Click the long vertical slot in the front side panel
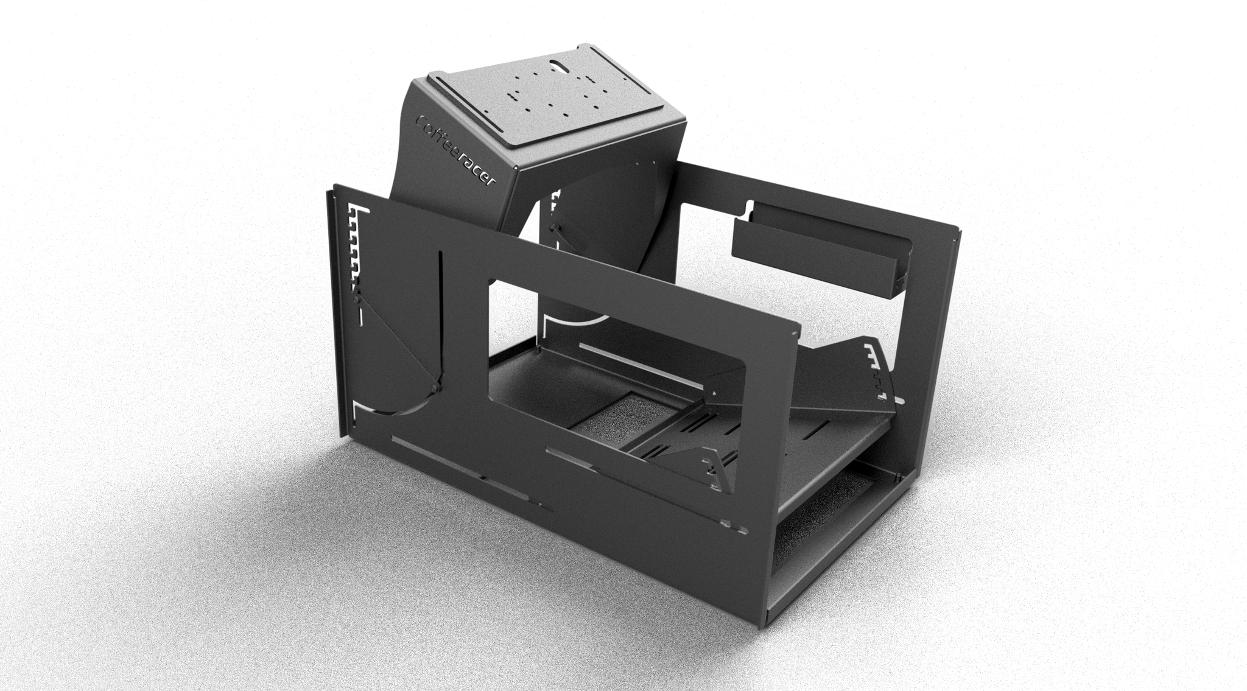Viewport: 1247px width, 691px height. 439,317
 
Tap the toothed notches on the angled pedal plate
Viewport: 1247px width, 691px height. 877,371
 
